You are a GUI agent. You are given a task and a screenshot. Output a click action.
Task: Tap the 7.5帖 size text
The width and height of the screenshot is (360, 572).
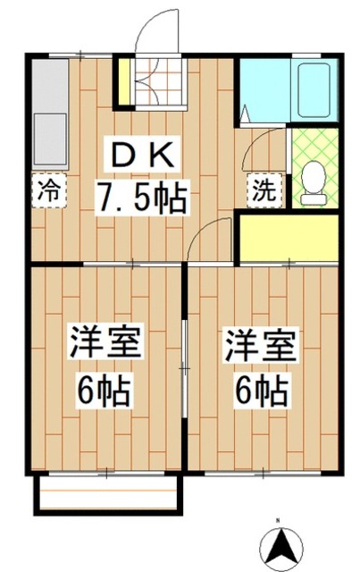pyautogui.click(x=141, y=198)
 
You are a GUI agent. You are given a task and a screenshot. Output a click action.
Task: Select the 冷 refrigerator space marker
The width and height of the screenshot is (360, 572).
pyautogui.click(x=49, y=190)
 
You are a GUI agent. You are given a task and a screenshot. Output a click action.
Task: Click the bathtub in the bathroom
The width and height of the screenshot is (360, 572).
pyautogui.click(x=314, y=89)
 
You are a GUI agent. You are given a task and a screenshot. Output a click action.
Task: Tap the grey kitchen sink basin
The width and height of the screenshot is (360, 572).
pyautogui.click(x=50, y=139)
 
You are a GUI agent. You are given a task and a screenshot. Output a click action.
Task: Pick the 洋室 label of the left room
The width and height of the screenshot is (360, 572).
pyautogui.click(x=105, y=341)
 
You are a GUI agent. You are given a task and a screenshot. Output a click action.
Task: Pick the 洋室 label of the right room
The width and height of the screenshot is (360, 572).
pyautogui.click(x=261, y=343)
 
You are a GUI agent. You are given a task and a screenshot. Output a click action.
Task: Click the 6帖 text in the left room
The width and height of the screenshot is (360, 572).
pyautogui.click(x=104, y=390)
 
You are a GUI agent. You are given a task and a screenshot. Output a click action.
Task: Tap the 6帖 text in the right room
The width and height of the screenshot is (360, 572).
pyautogui.click(x=262, y=390)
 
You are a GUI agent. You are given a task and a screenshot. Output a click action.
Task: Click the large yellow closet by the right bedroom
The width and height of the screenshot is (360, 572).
pyautogui.click(x=289, y=238)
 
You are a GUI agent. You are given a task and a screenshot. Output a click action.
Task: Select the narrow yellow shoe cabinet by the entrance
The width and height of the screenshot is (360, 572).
pyautogui.click(x=125, y=81)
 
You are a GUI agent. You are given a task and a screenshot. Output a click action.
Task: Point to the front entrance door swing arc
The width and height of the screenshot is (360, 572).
pyautogui.click(x=146, y=26)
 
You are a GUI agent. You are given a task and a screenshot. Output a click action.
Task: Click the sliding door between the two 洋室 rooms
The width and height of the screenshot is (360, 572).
pyautogui.click(x=185, y=368)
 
